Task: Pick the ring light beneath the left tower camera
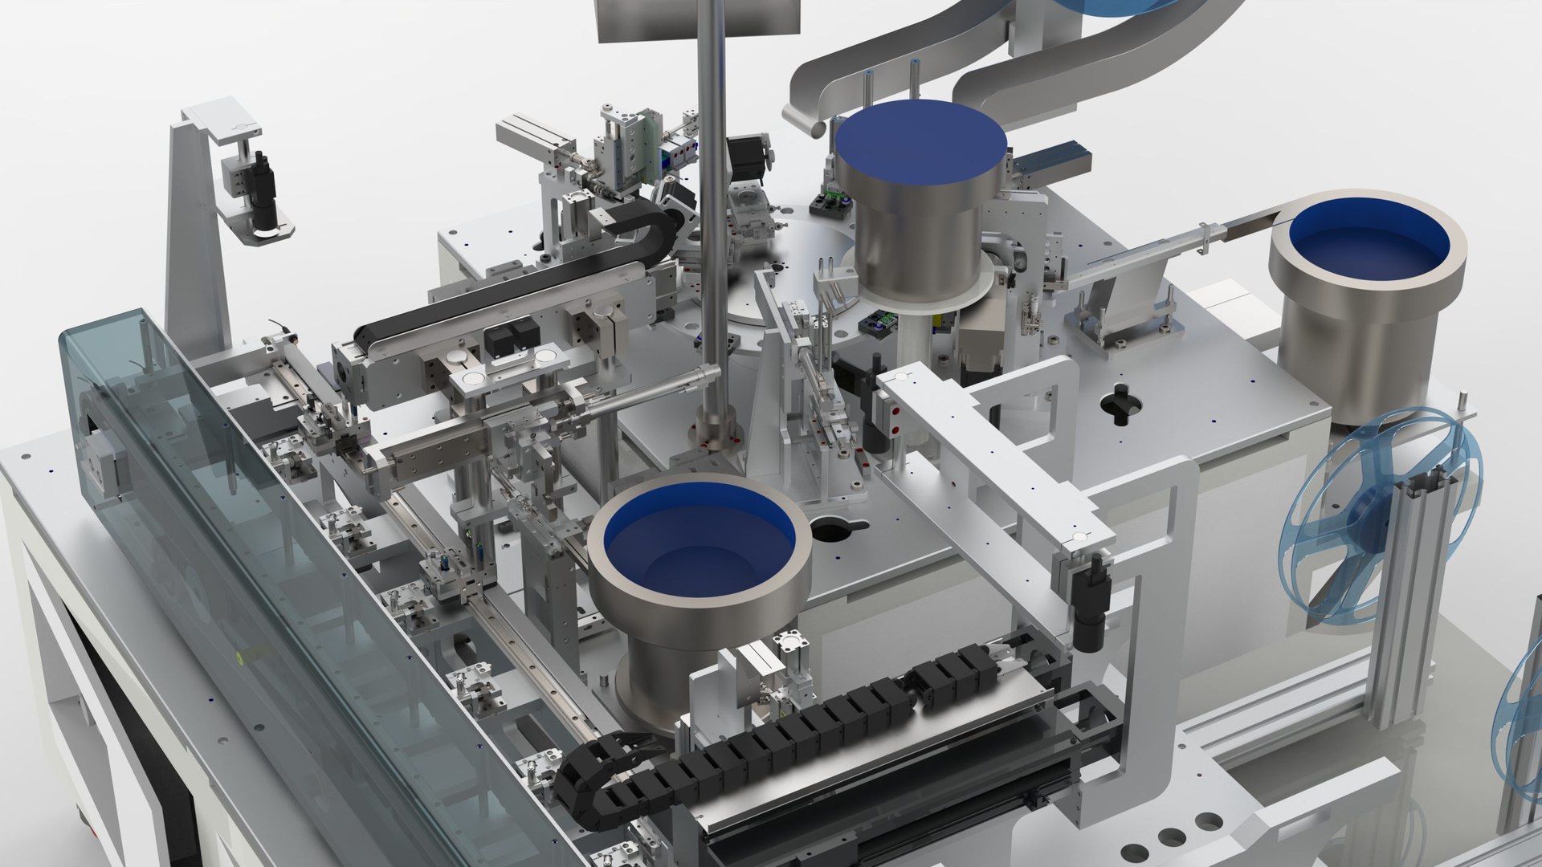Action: (x=265, y=231)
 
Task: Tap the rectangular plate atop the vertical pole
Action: (x=697, y=16)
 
